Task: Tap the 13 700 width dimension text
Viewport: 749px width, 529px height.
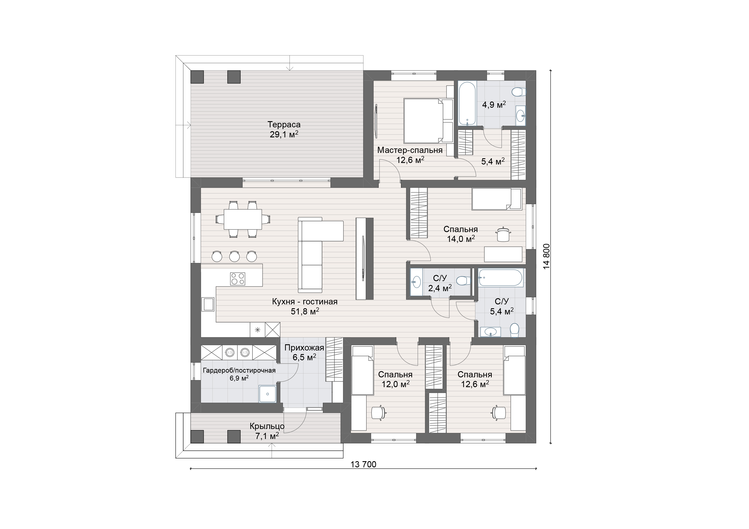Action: click(363, 464)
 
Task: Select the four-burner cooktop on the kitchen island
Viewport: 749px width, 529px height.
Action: click(237, 279)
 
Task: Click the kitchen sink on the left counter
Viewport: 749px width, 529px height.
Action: click(208, 304)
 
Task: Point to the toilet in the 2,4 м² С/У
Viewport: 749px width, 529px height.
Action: click(463, 281)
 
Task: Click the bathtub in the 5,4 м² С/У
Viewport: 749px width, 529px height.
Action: click(500, 278)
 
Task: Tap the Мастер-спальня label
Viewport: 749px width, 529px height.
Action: click(410, 150)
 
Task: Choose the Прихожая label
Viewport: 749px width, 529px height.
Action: click(304, 348)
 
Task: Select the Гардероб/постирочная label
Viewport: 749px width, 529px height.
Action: click(239, 371)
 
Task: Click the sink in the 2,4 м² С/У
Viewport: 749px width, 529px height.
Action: click(416, 282)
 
